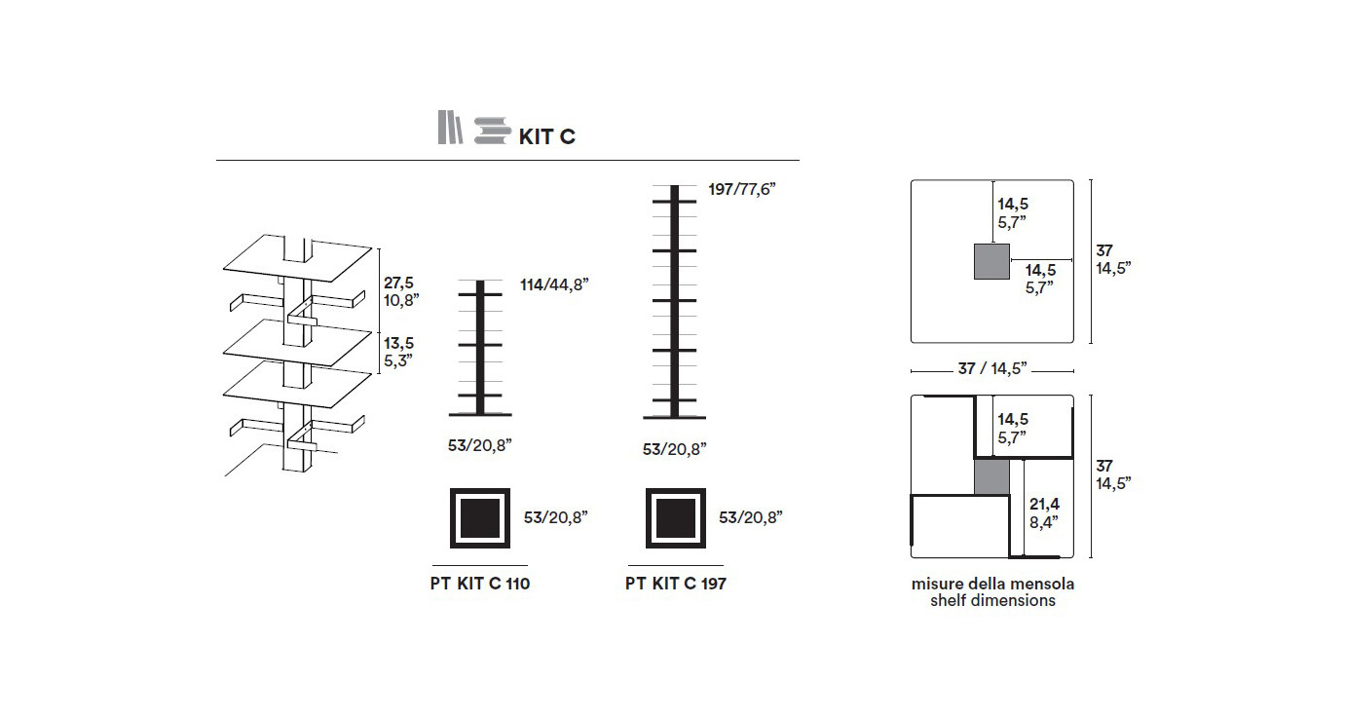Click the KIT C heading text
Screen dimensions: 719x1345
pos(546,136)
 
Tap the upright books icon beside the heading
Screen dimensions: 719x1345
pos(449,129)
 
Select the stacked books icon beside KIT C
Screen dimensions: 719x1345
pos(493,131)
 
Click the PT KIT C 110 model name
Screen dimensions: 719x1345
pos(479,585)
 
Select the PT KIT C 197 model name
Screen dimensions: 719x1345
pos(676,585)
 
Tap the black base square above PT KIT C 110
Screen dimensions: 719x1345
pos(479,517)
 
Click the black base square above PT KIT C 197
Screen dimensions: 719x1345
pos(676,517)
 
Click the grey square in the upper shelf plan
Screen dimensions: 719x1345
pos(991,262)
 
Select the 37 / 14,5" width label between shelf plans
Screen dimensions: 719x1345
pos(992,369)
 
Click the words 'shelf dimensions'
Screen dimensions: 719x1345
pos(992,601)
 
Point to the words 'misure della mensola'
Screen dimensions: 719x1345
pos(992,585)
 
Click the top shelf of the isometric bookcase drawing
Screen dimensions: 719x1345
pos(297,255)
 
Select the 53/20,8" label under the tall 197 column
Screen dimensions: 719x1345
pos(674,448)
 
